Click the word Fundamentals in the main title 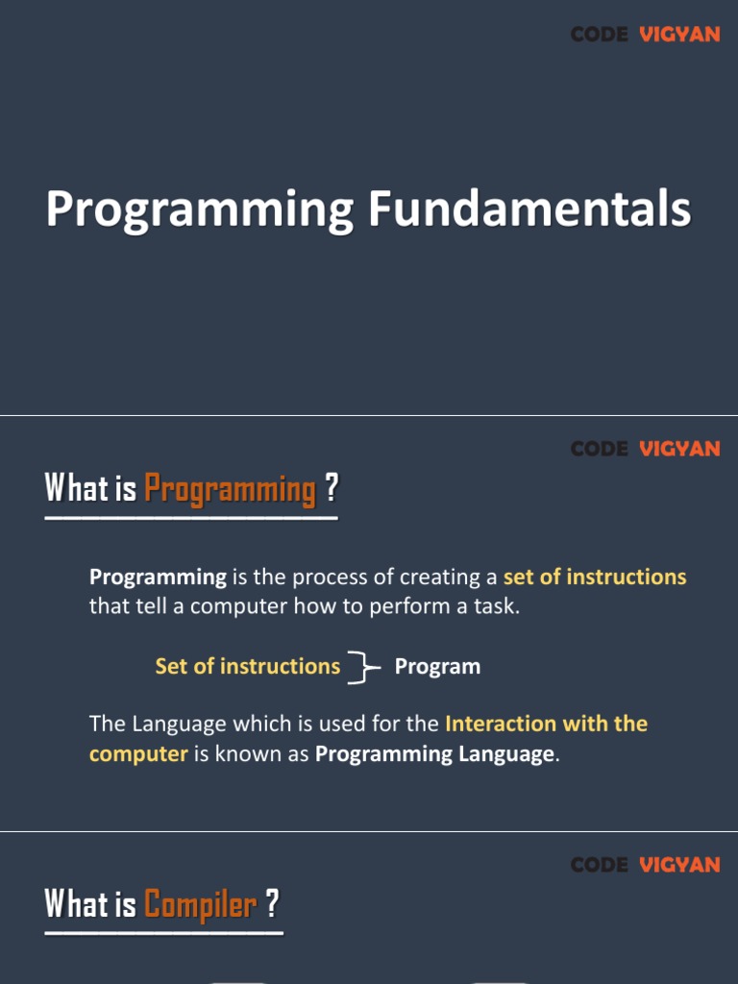(529, 209)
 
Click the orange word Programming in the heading (231, 489)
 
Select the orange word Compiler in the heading (200, 904)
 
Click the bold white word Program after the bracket (437, 667)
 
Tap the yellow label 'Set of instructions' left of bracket (247, 666)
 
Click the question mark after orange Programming (331, 487)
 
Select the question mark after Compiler (272, 903)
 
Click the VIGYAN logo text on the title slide (679, 34)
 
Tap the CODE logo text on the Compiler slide (600, 865)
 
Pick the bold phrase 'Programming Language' (435, 753)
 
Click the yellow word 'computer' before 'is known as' (138, 754)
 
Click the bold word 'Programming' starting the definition (158, 578)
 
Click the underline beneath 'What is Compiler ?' (163, 933)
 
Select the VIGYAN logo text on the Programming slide (679, 449)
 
